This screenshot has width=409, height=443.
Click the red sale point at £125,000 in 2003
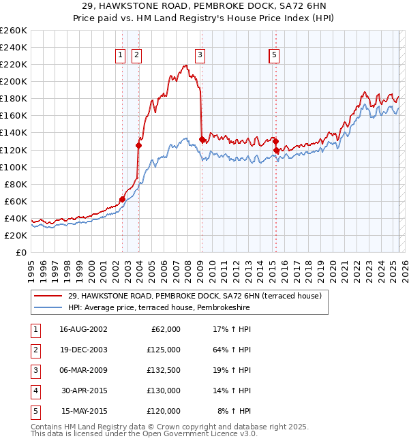pyautogui.click(x=138, y=145)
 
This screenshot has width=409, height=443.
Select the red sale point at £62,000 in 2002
pyautogui.click(x=123, y=199)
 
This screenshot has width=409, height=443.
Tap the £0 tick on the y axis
pyautogui.click(x=20, y=252)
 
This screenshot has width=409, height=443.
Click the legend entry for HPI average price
pyautogui.click(x=159, y=308)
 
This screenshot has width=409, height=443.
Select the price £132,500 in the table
pyautogui.click(x=163, y=370)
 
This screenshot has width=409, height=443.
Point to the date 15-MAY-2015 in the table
pyautogui.click(x=84, y=411)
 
